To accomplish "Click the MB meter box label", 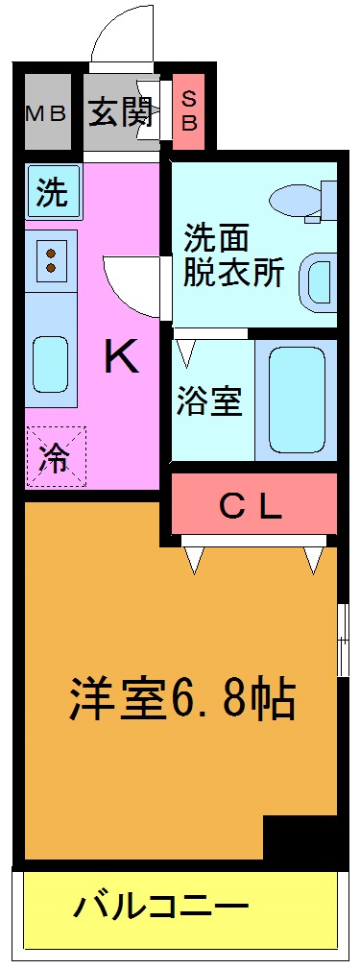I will tap(45, 113).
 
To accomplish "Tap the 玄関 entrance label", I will tap(121, 112).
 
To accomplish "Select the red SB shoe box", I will tap(188, 110).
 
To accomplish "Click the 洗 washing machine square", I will tap(52, 193).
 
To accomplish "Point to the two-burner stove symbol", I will tap(51, 256).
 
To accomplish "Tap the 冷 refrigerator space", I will tap(55, 456).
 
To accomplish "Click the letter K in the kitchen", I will tap(122, 358).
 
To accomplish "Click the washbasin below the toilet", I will tap(317, 281).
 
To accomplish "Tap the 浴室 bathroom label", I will tap(208, 401).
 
